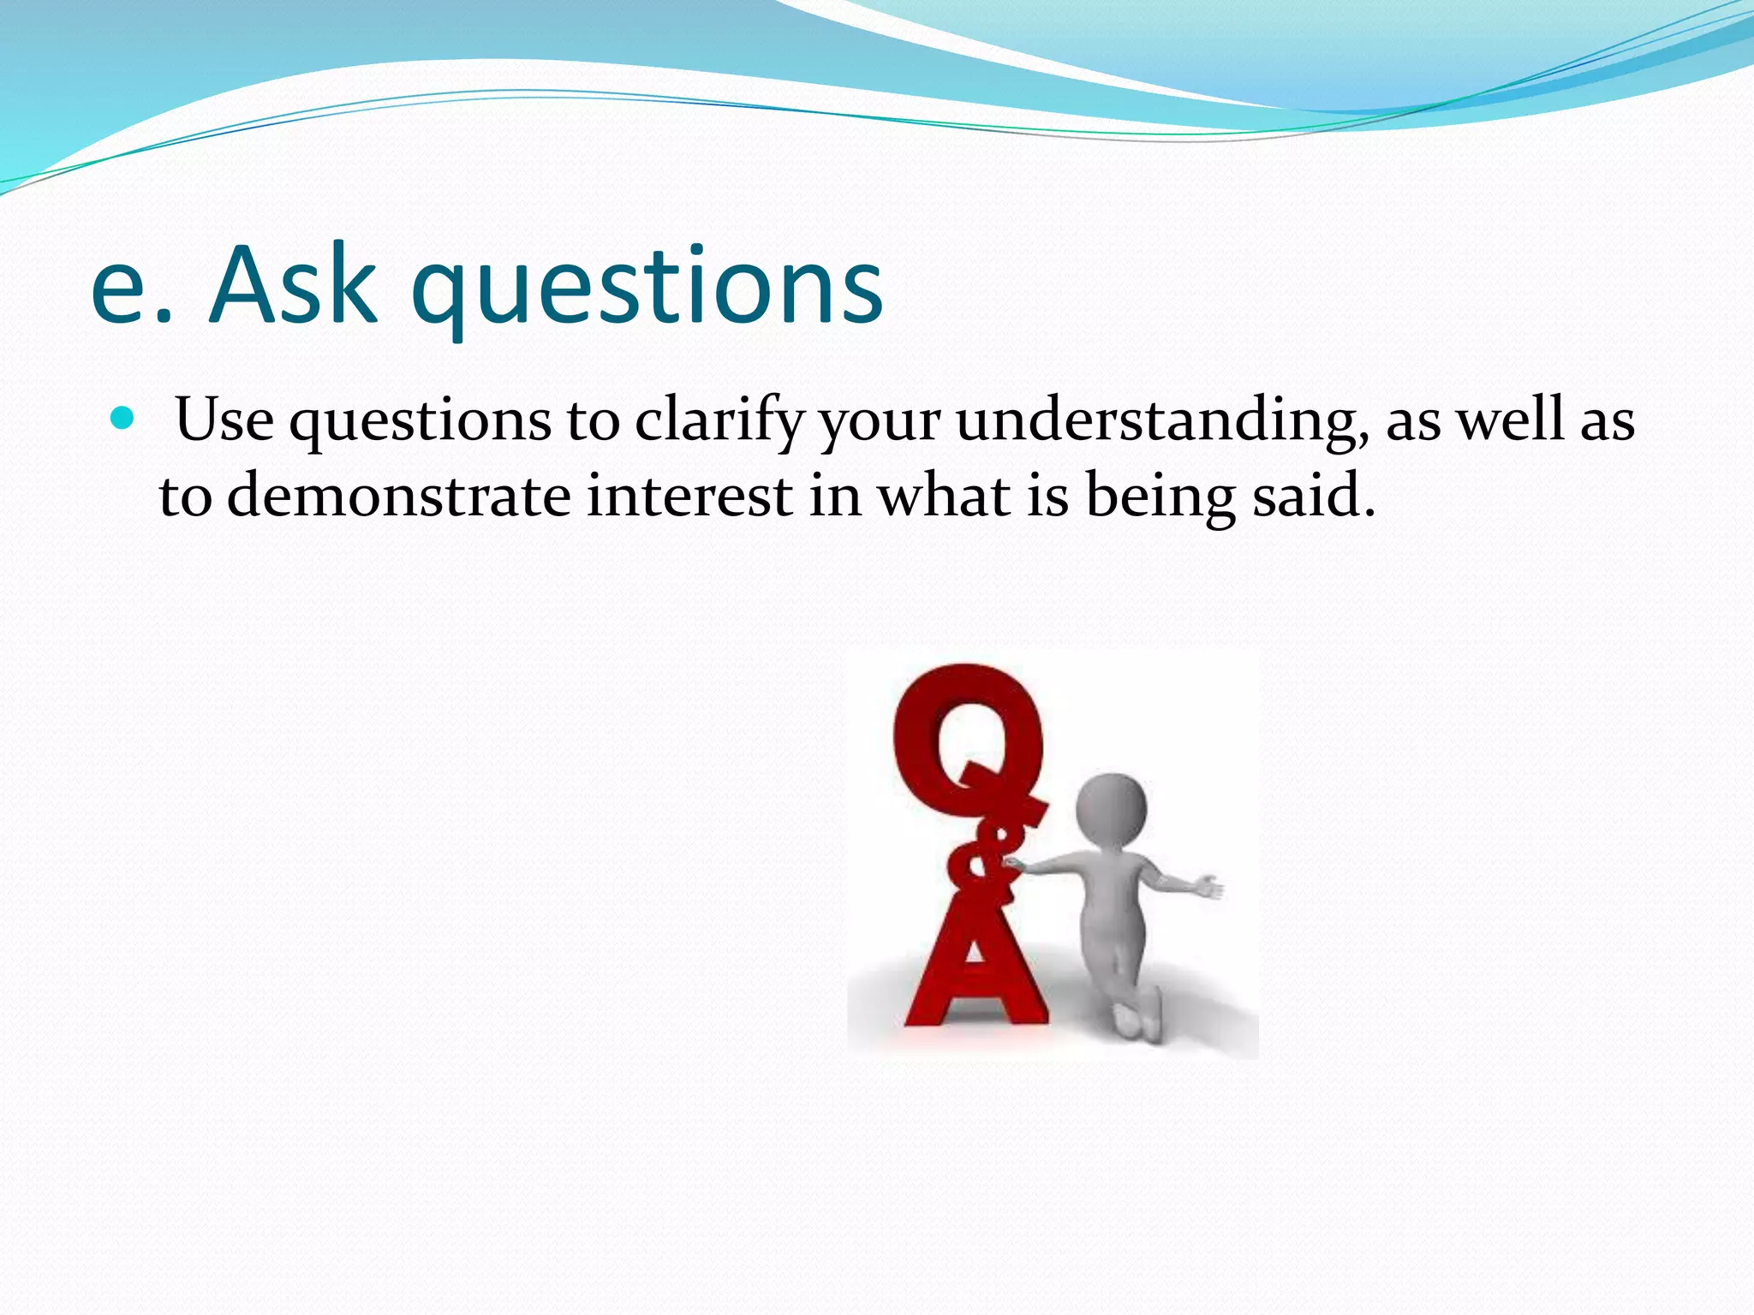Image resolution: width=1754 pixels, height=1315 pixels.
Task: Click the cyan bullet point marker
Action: coord(123,419)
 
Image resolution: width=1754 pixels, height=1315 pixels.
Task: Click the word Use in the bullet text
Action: coord(224,420)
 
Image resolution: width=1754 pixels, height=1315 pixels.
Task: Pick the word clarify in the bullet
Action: coord(719,420)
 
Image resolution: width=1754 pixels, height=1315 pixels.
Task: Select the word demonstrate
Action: coord(398,496)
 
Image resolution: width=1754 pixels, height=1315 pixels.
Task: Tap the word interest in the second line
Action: coord(689,496)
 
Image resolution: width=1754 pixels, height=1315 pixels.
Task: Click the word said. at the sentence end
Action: coord(1314,496)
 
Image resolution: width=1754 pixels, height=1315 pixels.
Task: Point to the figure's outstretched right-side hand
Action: coord(1208,887)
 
